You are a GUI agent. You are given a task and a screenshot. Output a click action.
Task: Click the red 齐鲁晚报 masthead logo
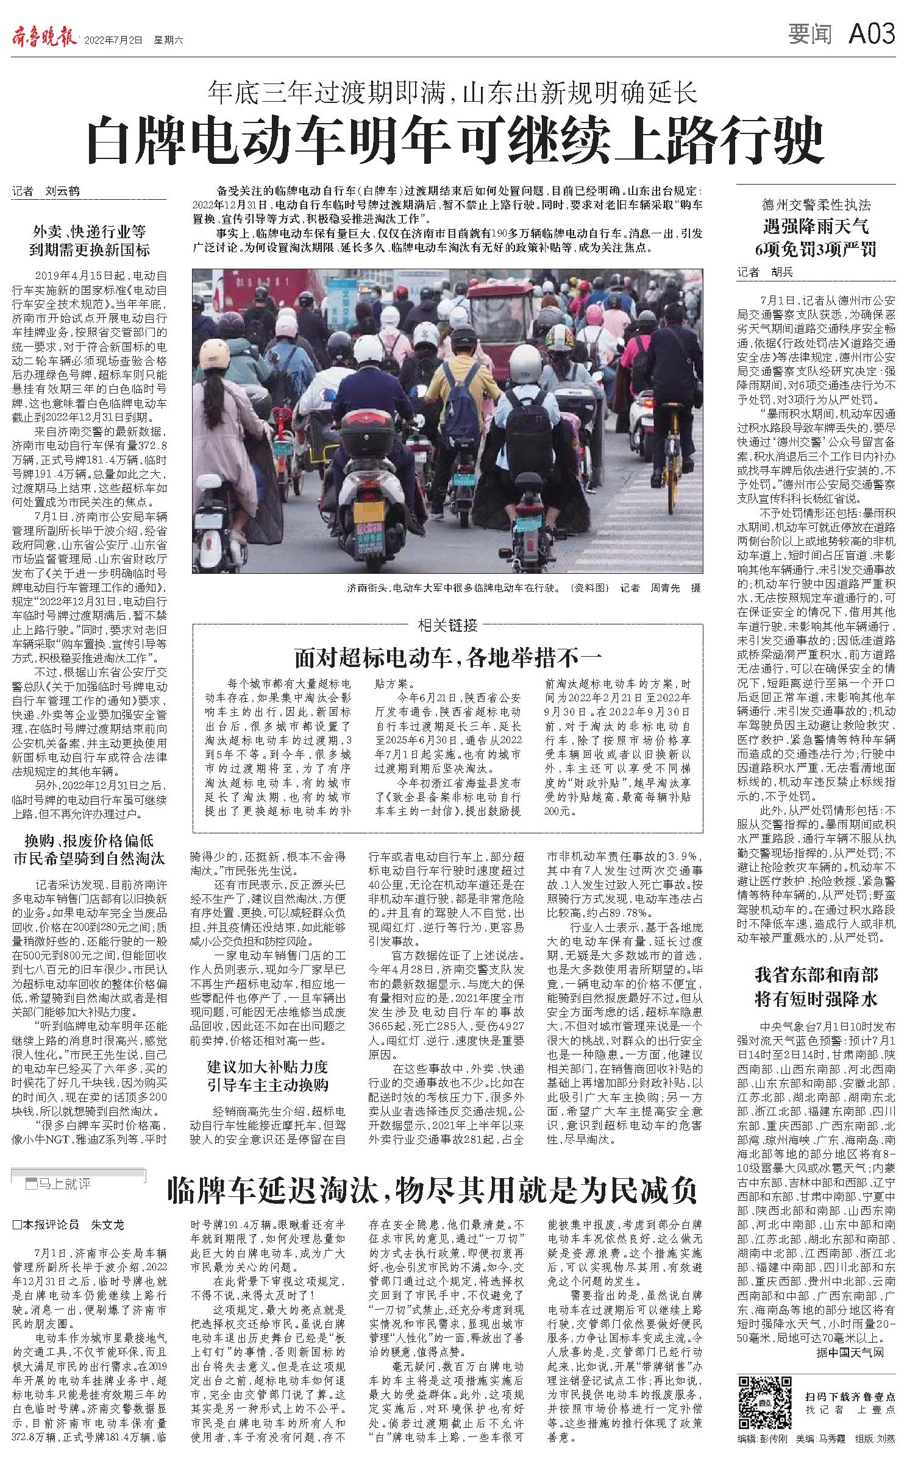pyautogui.click(x=44, y=38)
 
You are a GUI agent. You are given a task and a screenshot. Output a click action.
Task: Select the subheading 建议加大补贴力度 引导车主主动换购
pyautogui.click(x=268, y=1076)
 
